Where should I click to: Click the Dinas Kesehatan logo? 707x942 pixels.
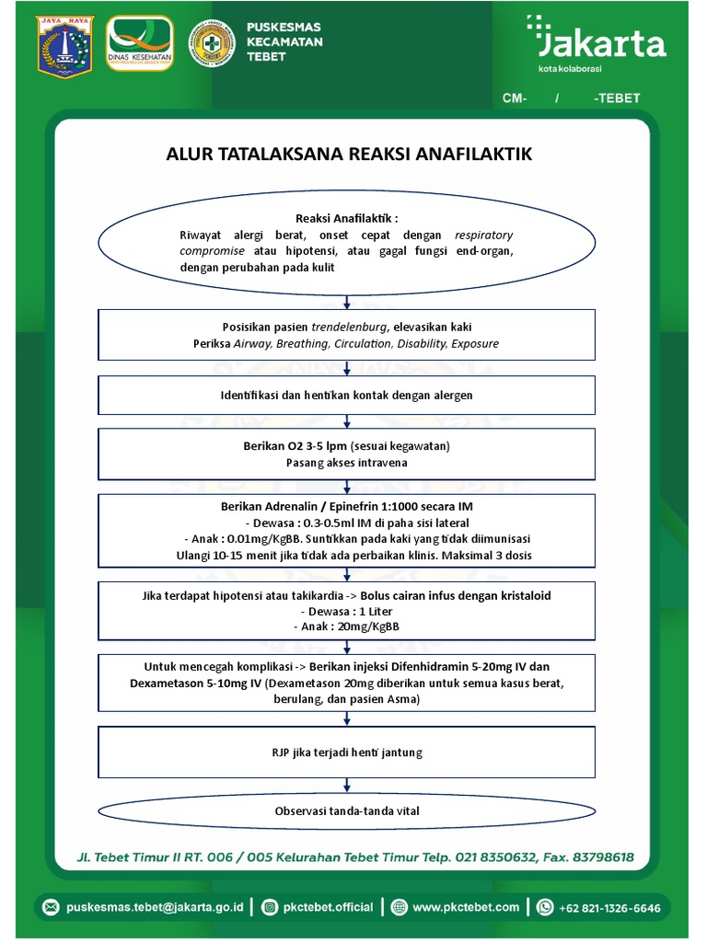click(140, 44)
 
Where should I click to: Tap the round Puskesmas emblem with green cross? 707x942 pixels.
click(212, 44)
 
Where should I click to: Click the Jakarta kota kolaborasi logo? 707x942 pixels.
click(597, 44)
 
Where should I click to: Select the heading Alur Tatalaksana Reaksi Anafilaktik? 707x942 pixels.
click(349, 154)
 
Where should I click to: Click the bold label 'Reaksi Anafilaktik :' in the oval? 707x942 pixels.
click(347, 218)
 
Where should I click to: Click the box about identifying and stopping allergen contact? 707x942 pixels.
click(347, 395)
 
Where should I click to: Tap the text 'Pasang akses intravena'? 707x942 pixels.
click(347, 463)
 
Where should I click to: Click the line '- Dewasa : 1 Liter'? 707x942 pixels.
click(347, 611)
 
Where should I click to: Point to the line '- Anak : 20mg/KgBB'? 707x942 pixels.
click(347, 626)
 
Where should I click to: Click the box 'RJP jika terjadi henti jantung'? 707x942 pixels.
click(347, 752)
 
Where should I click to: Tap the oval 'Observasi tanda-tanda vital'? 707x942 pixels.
click(347, 811)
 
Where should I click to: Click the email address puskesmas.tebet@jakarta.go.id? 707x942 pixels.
click(155, 907)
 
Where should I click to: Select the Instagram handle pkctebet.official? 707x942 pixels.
click(328, 907)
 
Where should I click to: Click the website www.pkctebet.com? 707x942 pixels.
click(465, 907)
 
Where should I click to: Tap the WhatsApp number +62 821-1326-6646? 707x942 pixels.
click(609, 907)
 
